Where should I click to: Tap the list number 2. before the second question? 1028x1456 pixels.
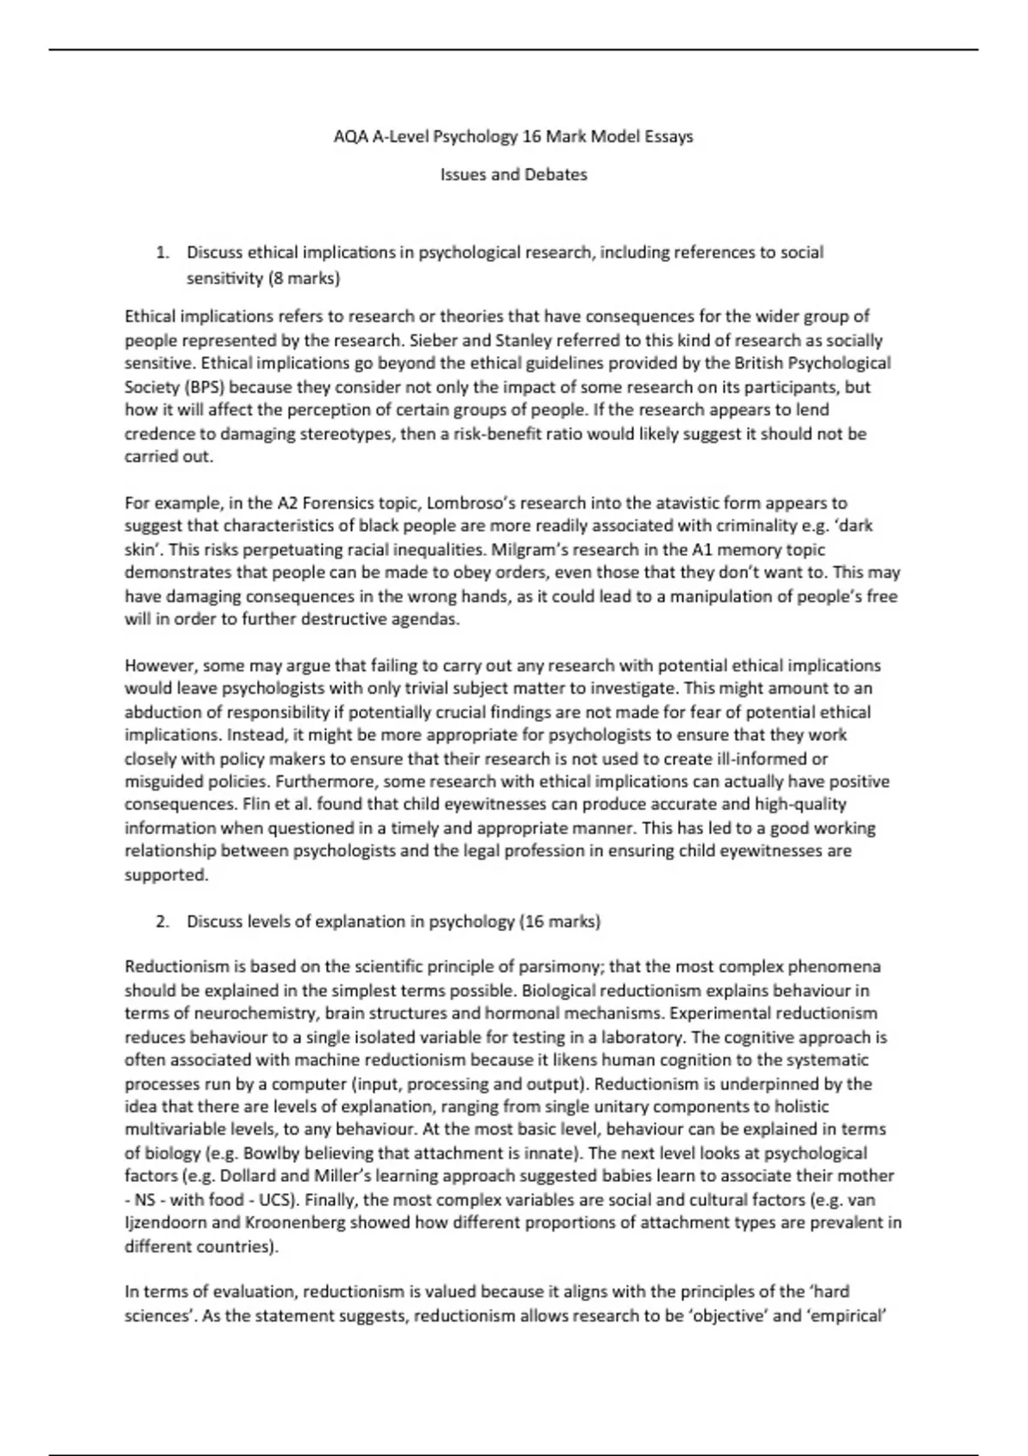click(x=163, y=922)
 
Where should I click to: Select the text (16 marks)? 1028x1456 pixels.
click(x=560, y=922)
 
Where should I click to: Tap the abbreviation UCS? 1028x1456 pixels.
click(x=276, y=1200)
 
